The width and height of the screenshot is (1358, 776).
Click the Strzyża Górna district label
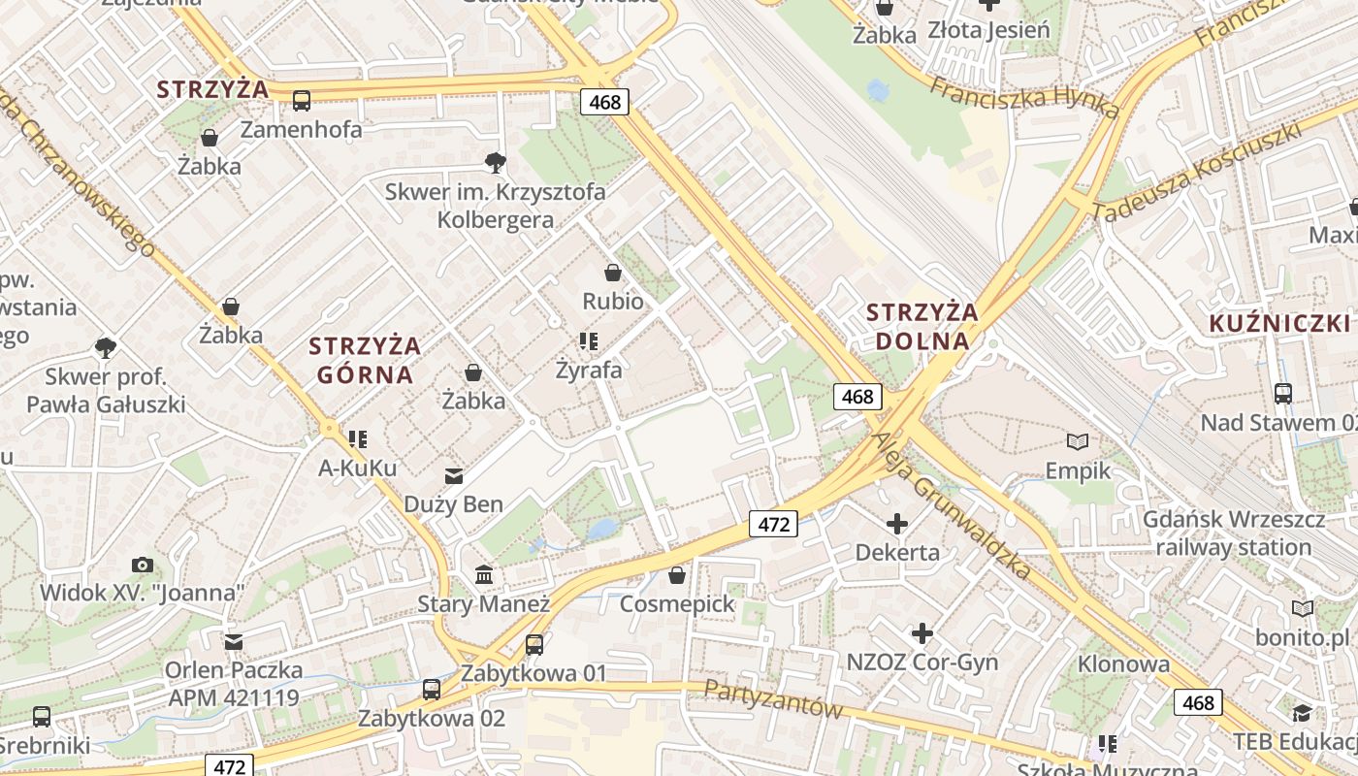tap(365, 360)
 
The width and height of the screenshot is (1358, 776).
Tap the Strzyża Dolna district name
tap(921, 326)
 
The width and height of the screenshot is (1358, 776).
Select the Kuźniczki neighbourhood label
tap(1279, 324)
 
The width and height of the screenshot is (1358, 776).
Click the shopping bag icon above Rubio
tap(612, 273)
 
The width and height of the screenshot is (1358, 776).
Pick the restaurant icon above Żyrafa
tap(588, 341)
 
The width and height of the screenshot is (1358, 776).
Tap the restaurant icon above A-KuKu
tap(358, 439)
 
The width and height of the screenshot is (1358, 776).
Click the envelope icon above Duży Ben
tap(453, 475)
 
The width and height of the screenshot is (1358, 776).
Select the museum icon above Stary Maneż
tap(484, 575)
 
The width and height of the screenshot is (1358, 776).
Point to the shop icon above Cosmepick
tap(677, 576)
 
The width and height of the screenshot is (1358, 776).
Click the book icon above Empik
tap(1077, 442)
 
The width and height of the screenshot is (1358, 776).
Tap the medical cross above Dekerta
tap(897, 525)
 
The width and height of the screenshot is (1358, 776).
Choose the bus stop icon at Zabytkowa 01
tap(533, 645)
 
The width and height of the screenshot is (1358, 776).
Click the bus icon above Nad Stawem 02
tap(1283, 393)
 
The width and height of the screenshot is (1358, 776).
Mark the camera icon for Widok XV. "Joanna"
tap(142, 565)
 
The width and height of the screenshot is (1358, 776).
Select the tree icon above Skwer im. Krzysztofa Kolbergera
tap(496, 162)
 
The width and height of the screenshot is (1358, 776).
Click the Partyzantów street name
tap(773, 698)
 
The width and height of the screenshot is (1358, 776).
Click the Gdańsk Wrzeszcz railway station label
tap(1233, 533)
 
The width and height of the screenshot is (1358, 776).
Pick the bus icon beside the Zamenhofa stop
tap(302, 100)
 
